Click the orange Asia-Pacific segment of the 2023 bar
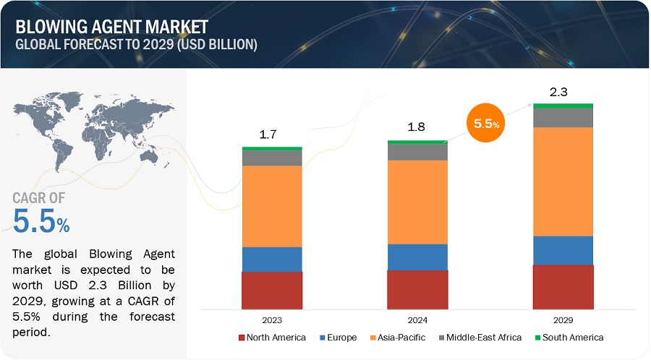tap(272, 206)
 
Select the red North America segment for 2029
tap(563, 287)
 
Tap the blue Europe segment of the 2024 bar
tap(417, 257)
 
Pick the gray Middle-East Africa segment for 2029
tap(563, 117)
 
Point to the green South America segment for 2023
tap(272, 148)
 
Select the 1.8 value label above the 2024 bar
tap(416, 127)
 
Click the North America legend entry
tap(271, 338)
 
